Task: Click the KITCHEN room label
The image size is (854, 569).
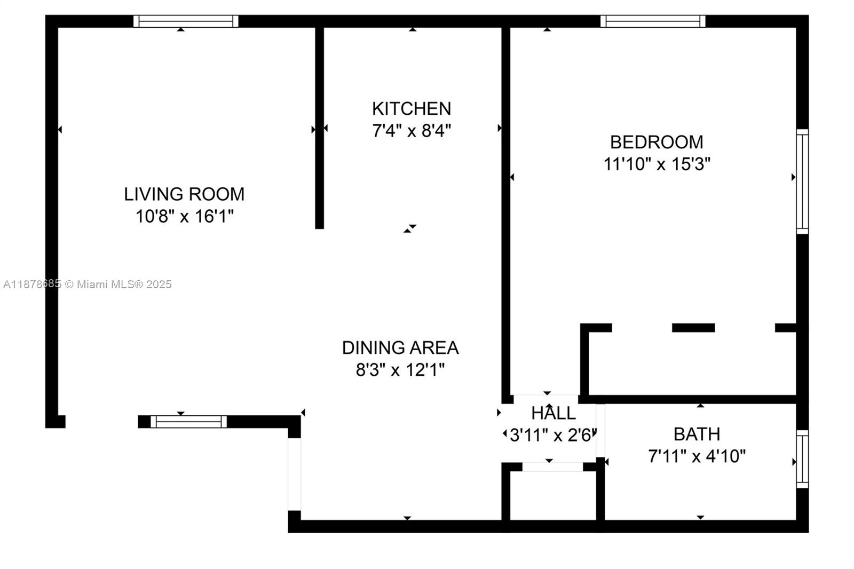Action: (411, 108)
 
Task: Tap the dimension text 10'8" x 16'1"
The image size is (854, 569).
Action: (184, 216)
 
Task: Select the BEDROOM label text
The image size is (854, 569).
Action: (657, 142)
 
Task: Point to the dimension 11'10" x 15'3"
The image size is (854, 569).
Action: (657, 164)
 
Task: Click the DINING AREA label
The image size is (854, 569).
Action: (400, 347)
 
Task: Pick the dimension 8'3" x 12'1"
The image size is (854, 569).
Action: (400, 369)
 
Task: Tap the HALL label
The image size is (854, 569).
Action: (553, 413)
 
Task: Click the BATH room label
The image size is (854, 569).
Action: (697, 434)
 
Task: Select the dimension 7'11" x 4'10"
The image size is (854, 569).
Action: (697, 456)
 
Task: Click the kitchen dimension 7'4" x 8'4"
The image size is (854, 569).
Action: (412, 130)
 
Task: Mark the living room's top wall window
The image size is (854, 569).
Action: (186, 21)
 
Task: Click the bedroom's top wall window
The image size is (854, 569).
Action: (653, 21)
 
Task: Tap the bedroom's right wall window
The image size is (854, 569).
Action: (802, 181)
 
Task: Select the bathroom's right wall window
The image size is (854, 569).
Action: (802, 459)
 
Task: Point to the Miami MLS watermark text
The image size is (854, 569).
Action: (88, 284)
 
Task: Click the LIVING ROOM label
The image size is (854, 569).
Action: (184, 194)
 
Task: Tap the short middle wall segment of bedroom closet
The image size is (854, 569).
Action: (693, 328)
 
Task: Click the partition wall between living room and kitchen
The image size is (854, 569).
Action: (319, 128)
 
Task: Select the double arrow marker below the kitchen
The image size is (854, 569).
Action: (409, 228)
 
